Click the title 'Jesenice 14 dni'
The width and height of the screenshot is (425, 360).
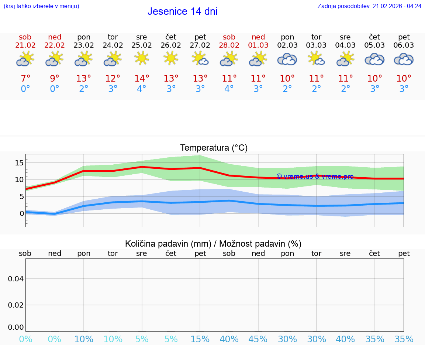182,11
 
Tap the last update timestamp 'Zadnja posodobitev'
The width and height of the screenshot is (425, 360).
369,6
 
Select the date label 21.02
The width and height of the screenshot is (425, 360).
25,45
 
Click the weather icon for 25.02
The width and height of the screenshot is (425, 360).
142,58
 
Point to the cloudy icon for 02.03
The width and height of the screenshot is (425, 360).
287,59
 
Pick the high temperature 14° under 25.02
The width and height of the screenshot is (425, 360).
142,79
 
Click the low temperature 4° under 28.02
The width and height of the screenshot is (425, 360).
229,89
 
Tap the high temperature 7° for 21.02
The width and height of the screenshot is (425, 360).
25,79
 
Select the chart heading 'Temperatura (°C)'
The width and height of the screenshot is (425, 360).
214,148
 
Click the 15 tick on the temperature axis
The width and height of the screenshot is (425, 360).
19,163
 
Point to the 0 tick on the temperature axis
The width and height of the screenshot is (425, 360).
22,213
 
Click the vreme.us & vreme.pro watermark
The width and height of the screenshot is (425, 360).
315,176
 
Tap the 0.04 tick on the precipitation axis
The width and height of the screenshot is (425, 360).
16,279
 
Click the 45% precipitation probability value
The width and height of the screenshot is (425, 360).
258,339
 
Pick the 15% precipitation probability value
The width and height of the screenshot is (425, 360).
200,339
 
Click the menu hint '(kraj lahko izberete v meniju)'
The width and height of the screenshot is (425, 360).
41,6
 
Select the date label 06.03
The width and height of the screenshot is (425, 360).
404,45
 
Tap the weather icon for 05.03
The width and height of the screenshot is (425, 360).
374,59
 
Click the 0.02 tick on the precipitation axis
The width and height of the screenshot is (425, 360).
16,305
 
